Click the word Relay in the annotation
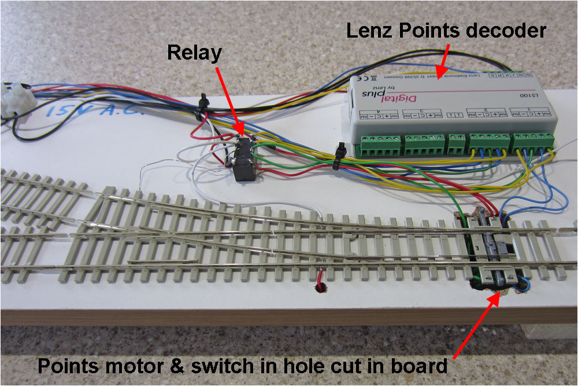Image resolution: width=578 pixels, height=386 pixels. pyautogui.click(x=194, y=53)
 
